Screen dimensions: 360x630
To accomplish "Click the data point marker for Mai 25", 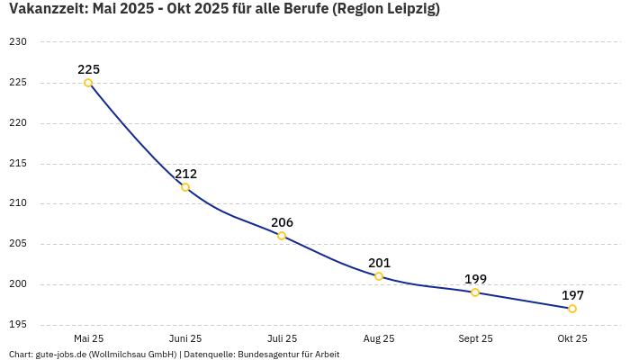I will pyautogui.click(x=88, y=83).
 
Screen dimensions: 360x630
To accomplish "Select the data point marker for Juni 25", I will pyautogui.click(x=185, y=187).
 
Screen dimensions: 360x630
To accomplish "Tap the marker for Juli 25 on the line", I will pyautogui.click(x=282, y=236).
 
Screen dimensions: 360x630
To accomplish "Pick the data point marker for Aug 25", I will pyautogui.click(x=379, y=276).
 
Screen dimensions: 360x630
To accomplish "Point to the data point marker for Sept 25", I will pyautogui.click(x=475, y=292).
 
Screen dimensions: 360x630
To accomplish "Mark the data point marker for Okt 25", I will pyautogui.click(x=572, y=309).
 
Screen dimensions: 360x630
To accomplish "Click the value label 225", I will pyautogui.click(x=88, y=69).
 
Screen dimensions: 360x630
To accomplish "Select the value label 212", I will pyautogui.click(x=185, y=174).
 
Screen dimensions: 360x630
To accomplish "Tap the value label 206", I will pyautogui.click(x=282, y=222).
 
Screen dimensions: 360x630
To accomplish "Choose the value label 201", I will pyautogui.click(x=379, y=263).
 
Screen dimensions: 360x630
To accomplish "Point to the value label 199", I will pyautogui.click(x=475, y=279).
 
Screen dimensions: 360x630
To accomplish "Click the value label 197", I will pyautogui.click(x=572, y=295).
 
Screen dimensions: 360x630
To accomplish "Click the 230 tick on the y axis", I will pyautogui.click(x=18, y=42).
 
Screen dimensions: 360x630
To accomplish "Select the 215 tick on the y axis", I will pyautogui.click(x=18, y=164).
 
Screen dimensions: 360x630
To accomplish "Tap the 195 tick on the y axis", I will pyautogui.click(x=18, y=325).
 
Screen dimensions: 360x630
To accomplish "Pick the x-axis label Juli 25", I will pyautogui.click(x=282, y=339).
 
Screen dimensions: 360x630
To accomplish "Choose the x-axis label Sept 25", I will pyautogui.click(x=475, y=339).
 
